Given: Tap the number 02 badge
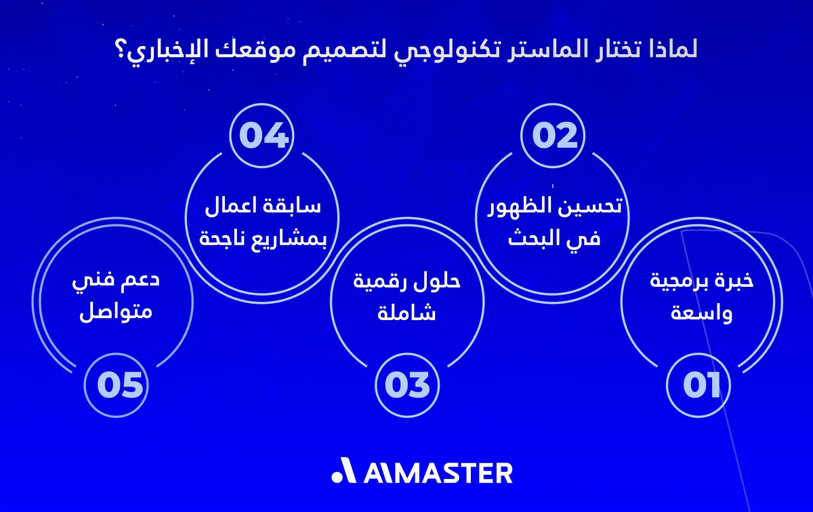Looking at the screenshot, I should [554, 136].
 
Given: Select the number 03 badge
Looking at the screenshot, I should [407, 385].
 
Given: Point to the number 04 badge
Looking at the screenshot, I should [264, 136].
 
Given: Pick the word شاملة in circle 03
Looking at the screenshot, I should [407, 314].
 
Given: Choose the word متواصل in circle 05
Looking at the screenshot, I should [117, 314].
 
